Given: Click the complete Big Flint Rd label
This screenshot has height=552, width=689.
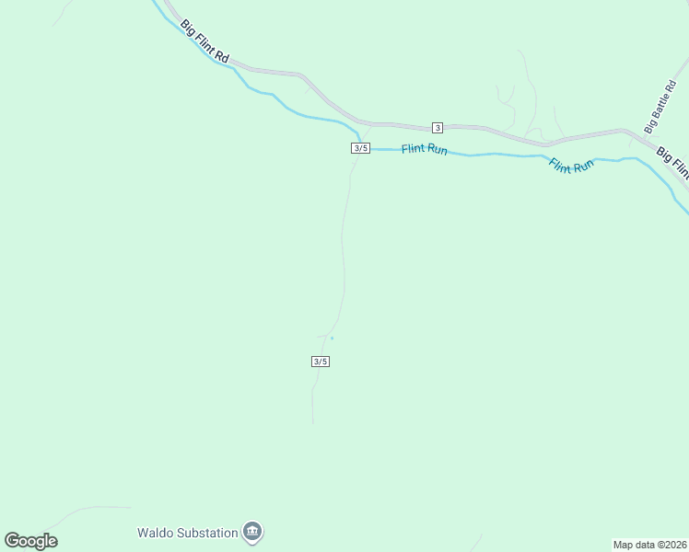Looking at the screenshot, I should click(204, 40).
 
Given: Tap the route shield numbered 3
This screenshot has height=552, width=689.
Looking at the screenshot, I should click(438, 127).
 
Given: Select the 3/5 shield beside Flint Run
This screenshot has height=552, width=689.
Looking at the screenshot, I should click(360, 148).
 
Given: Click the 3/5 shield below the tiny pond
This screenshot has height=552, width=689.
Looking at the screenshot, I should click(320, 362).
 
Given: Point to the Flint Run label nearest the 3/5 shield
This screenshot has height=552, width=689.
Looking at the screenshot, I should click(425, 148).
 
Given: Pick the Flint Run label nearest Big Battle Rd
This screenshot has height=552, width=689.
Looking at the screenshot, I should click(572, 167).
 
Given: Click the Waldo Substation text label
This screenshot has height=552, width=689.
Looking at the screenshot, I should click(187, 532).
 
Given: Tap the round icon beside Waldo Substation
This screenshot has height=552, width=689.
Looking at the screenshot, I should click(252, 532).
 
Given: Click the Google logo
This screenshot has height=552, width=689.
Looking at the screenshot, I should click(30, 541).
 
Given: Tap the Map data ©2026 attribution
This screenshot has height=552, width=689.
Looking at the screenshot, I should click(648, 545).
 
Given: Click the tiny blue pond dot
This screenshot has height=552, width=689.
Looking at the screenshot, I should click(332, 339).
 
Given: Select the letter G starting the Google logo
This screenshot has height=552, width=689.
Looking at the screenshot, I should click(12, 540).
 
